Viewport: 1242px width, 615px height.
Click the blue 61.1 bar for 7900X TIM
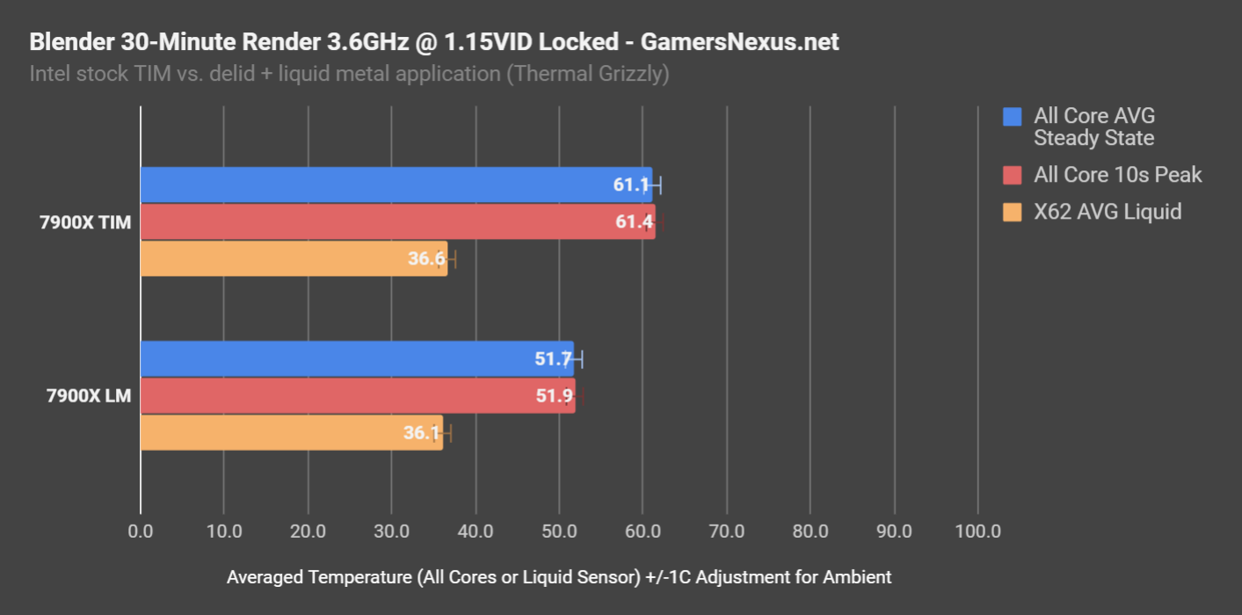click(x=396, y=184)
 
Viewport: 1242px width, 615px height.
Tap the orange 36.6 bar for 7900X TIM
click(x=294, y=258)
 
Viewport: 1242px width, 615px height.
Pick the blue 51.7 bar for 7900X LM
click(x=357, y=358)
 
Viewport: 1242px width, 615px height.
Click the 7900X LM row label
click(x=89, y=396)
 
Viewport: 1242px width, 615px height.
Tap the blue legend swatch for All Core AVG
click(x=1013, y=116)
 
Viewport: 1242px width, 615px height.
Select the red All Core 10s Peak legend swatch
click(x=1013, y=175)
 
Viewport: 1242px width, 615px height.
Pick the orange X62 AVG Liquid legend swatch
click(x=1013, y=212)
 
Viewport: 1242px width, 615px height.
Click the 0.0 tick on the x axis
click(x=140, y=532)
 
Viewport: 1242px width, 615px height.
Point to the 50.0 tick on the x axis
click(x=559, y=532)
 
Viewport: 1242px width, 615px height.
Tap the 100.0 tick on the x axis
click(x=977, y=532)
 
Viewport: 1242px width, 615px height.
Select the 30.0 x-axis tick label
click(x=391, y=532)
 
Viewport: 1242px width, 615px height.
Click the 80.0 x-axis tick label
click(x=810, y=532)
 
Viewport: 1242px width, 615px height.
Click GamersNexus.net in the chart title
click(x=740, y=41)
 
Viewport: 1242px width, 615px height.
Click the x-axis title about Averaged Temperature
click(x=559, y=577)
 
